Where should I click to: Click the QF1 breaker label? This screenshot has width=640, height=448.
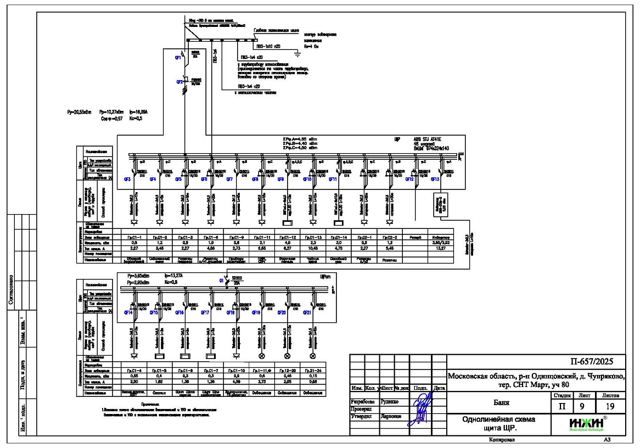(178, 57)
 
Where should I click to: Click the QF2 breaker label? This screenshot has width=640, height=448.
(179, 82)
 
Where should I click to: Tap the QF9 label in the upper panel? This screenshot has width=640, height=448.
(280, 179)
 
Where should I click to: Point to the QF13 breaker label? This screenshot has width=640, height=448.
(435, 179)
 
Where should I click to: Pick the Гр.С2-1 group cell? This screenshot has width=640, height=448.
(364, 237)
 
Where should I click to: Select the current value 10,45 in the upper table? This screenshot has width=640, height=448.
(313, 248)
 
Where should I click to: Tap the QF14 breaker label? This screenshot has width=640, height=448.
(128, 312)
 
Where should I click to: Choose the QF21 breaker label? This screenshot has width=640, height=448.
(307, 312)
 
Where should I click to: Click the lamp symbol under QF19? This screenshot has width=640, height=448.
(262, 356)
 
